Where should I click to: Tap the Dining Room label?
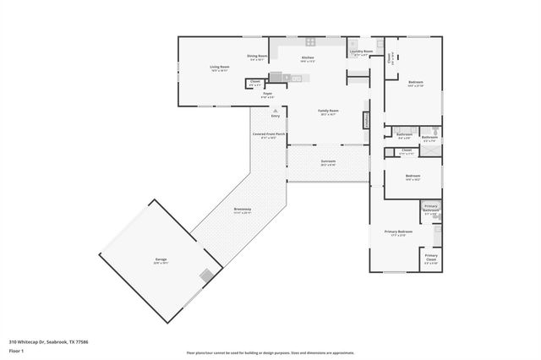(x=257, y=57)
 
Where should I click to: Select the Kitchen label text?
(x=309, y=58)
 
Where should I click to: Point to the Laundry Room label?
(x=361, y=52)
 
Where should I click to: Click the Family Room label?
(x=328, y=112)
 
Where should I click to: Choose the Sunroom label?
(x=328, y=162)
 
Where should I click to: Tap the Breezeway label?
(x=242, y=210)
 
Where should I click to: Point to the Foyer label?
(x=266, y=95)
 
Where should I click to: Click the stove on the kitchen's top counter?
(x=310, y=41)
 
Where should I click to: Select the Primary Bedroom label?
(x=398, y=233)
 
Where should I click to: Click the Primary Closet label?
(x=431, y=258)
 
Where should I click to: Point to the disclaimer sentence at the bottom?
(x=270, y=353)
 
